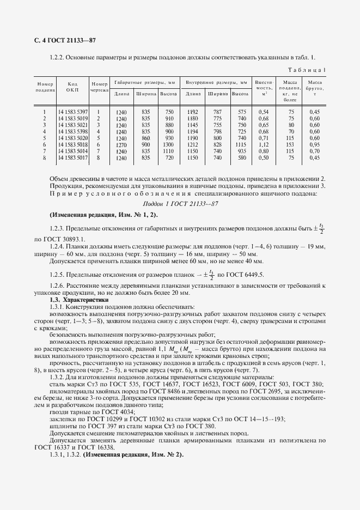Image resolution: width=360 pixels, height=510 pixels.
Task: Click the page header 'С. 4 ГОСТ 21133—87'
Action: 61,41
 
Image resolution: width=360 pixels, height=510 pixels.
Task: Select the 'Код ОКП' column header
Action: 72,87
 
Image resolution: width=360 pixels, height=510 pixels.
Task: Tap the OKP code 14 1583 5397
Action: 72,112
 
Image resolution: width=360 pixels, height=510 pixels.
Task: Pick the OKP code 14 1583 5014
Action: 72,151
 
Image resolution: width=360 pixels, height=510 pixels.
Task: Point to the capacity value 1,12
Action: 263,144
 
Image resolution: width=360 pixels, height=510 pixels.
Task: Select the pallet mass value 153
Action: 291,144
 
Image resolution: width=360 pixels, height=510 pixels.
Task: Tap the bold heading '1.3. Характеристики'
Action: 79,300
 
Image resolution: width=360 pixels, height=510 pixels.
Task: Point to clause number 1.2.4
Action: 58,246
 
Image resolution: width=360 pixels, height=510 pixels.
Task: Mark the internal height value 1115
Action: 240,144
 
